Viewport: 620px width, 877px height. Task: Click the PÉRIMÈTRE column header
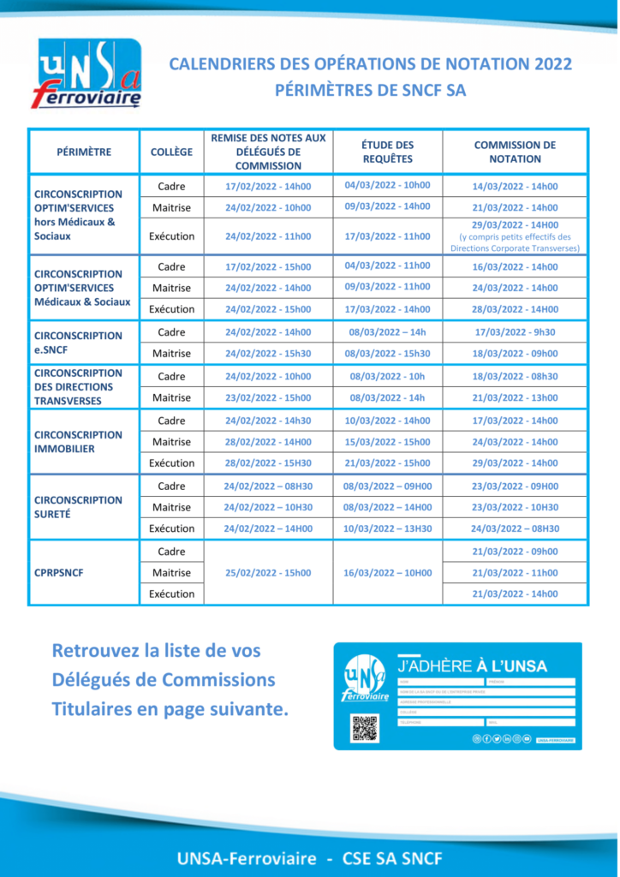(x=84, y=152)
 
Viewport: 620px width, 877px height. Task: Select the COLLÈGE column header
(x=171, y=152)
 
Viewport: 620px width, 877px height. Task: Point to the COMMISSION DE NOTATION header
(x=515, y=152)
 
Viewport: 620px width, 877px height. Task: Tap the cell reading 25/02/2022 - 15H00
(x=268, y=572)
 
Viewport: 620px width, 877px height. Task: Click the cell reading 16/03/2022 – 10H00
(x=387, y=572)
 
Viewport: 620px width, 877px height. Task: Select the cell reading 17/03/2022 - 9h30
(x=515, y=331)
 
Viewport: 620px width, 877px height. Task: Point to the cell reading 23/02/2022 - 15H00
(x=268, y=397)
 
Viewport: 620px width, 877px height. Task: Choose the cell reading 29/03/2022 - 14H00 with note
(x=515, y=236)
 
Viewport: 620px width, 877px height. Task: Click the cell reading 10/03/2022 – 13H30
(x=387, y=528)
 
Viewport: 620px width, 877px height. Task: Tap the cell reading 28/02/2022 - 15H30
(x=268, y=463)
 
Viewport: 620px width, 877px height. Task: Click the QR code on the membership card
(x=364, y=727)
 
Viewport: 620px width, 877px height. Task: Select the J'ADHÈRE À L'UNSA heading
(x=472, y=665)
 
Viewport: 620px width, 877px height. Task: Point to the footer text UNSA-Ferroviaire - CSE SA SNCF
(x=310, y=857)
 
